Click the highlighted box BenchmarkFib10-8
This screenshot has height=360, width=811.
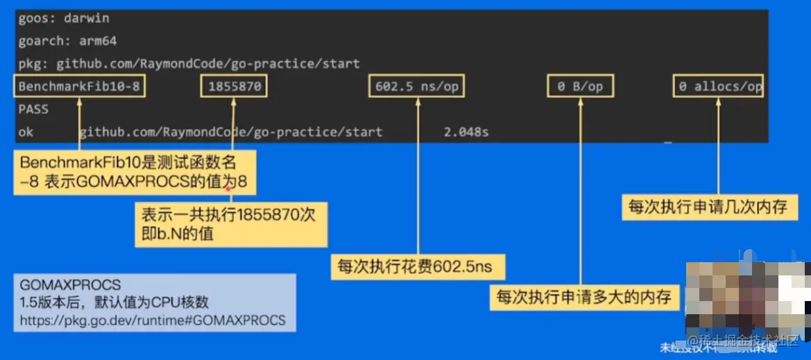click(79, 87)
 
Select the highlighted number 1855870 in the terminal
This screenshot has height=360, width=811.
click(234, 87)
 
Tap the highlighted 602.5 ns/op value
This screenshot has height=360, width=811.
click(417, 87)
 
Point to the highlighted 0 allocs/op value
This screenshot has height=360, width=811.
click(718, 87)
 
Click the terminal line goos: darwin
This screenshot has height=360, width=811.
click(63, 19)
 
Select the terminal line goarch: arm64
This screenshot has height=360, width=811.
click(67, 41)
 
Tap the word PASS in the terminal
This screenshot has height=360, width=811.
click(33, 110)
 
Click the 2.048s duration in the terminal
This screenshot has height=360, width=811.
click(466, 132)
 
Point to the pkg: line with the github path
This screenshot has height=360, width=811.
click(189, 64)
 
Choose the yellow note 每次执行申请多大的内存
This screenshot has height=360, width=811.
click(583, 298)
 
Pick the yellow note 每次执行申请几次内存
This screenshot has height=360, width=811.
click(708, 207)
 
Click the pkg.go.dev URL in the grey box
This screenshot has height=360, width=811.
click(153, 320)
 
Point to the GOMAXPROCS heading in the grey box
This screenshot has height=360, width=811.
click(70, 284)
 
